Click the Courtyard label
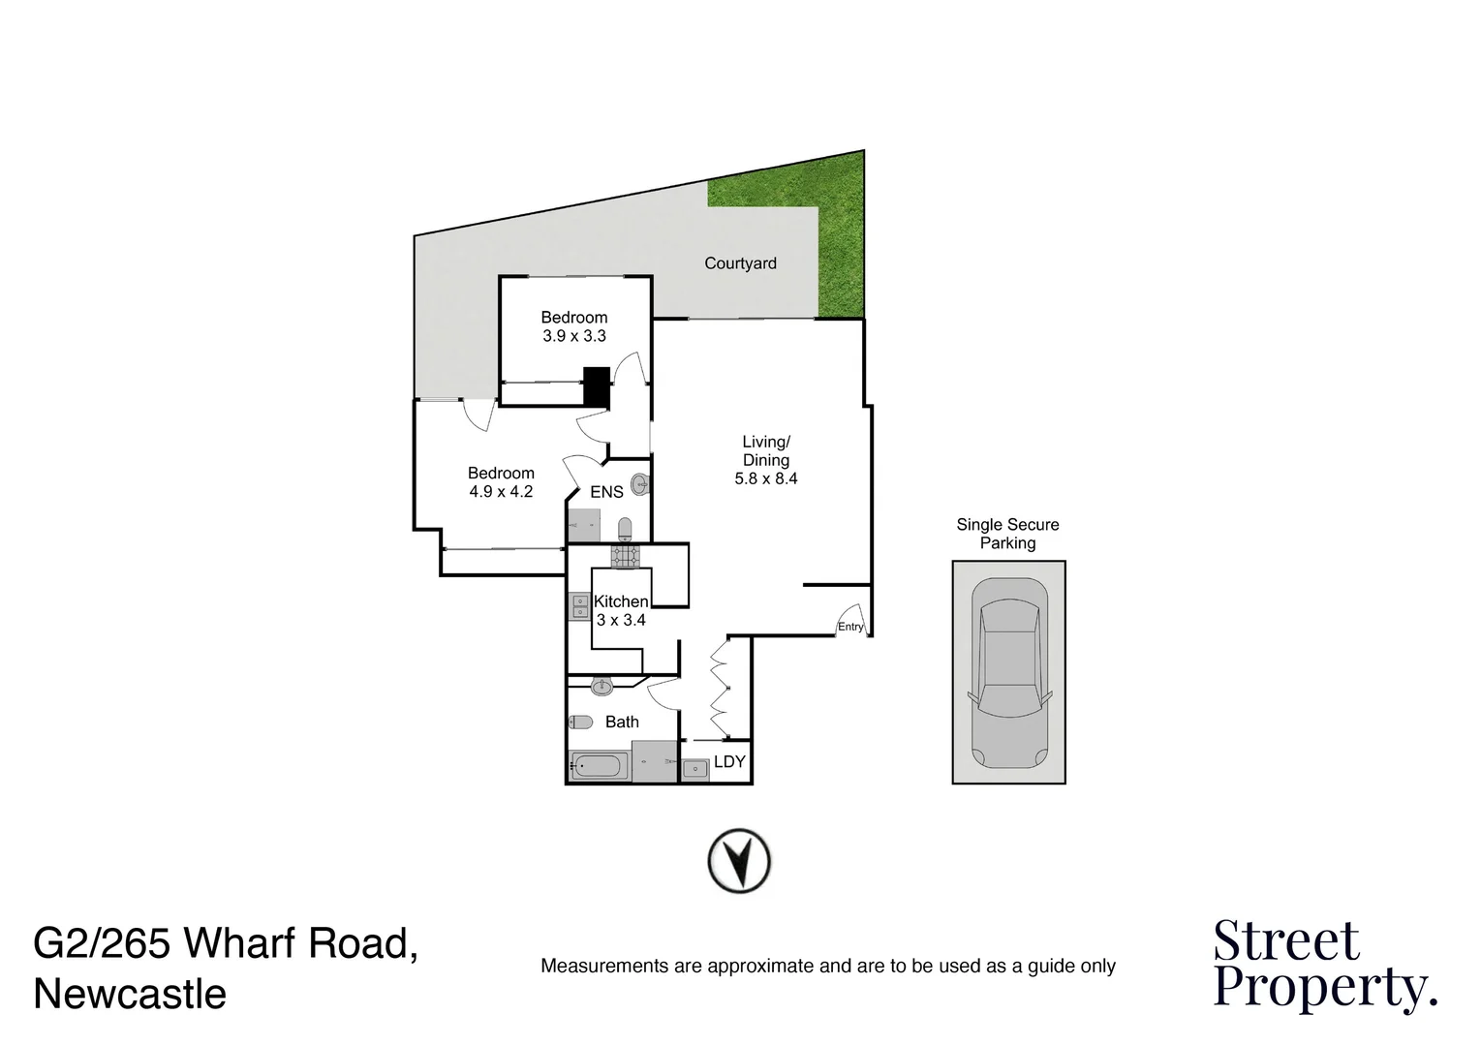click(x=740, y=263)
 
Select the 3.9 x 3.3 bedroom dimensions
click(x=574, y=336)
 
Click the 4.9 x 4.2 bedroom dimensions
click(x=501, y=492)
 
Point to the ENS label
click(x=606, y=492)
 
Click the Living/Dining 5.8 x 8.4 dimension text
click(x=766, y=478)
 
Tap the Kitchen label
click(x=621, y=601)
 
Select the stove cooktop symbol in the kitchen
click(x=625, y=556)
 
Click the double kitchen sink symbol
click(x=579, y=607)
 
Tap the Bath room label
click(x=622, y=722)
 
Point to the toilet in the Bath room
click(x=581, y=722)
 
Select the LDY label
click(x=729, y=762)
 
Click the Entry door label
click(x=850, y=627)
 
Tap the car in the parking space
click(x=1008, y=672)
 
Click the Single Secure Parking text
click(x=1007, y=534)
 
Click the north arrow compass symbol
click(x=739, y=860)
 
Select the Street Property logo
click(x=1324, y=965)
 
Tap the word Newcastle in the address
click(x=130, y=995)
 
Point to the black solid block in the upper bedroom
click(x=596, y=386)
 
